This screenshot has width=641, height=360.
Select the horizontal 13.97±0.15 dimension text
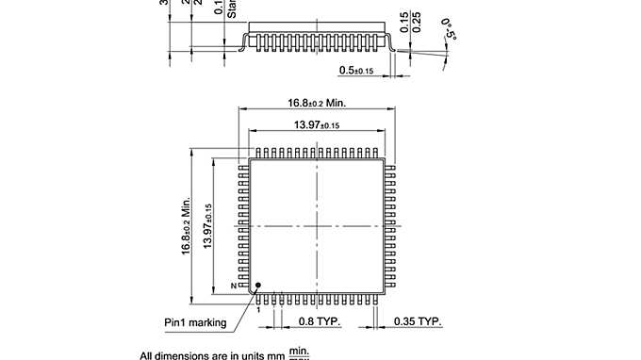point(317,125)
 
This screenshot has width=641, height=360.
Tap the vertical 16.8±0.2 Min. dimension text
point(186,225)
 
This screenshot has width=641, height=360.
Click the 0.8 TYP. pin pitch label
point(317,322)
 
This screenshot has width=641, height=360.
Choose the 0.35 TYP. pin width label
point(418,322)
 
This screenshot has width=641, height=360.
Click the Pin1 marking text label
point(195,322)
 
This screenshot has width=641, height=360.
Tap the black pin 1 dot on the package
point(257,282)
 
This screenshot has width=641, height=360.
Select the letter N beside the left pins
point(233,286)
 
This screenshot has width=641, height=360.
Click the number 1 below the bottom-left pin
point(256,308)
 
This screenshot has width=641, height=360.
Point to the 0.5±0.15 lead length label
point(356,71)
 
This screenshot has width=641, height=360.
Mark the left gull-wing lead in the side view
point(243,41)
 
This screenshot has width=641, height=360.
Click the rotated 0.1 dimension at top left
point(219,8)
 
